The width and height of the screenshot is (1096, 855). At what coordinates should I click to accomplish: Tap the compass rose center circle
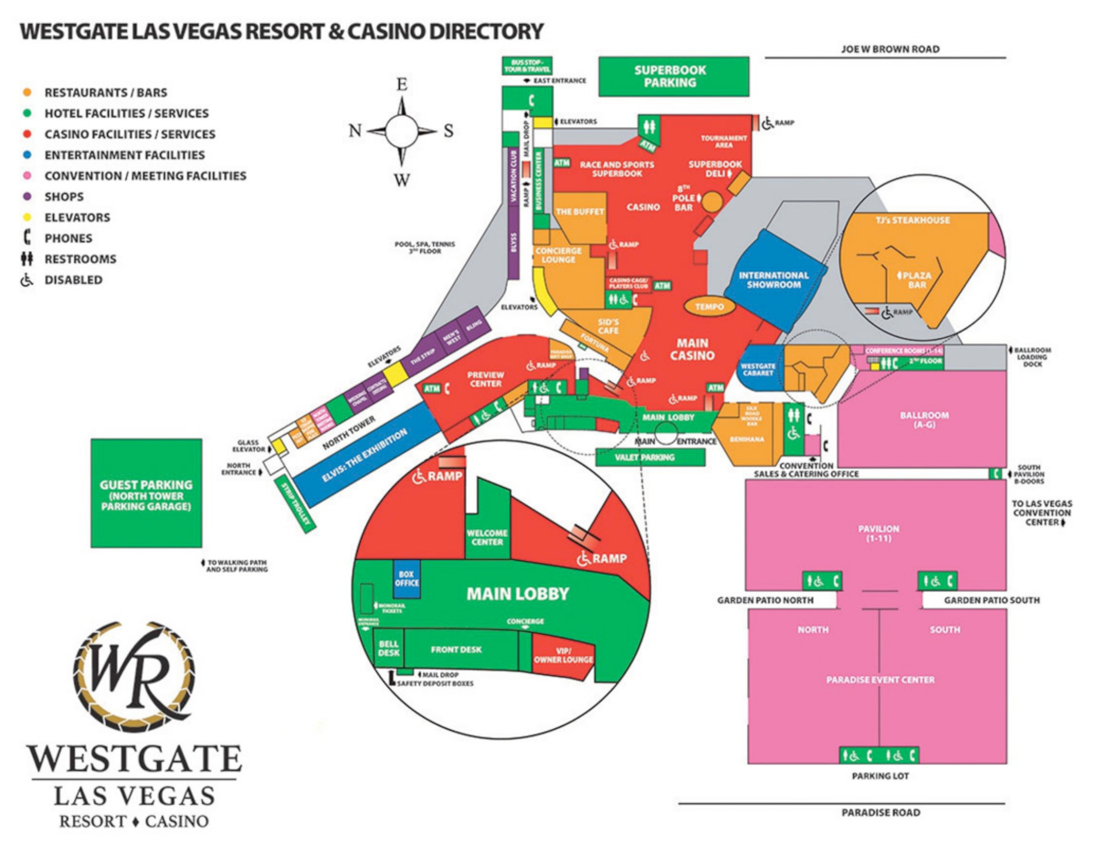coord(402,130)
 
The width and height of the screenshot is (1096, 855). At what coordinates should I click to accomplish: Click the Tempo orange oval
coord(710,307)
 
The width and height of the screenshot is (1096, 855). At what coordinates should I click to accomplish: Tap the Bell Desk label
coord(388,649)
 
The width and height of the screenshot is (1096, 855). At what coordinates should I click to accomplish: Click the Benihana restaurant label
coord(747,439)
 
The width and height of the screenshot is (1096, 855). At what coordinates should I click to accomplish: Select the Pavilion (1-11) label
coord(878,533)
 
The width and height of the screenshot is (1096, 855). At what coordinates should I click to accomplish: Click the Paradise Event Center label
coord(880,680)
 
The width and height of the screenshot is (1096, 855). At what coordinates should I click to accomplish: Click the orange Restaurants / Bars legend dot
coord(27,93)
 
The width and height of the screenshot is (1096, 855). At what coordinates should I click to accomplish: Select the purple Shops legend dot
coord(27,197)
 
